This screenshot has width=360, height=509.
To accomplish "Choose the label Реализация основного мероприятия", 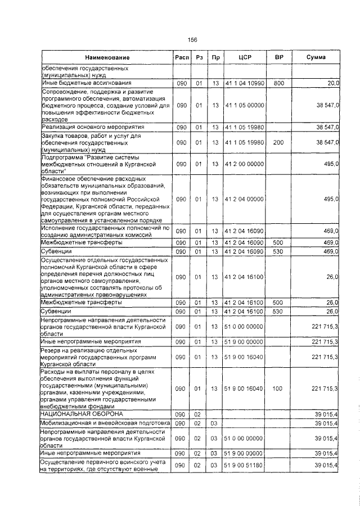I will coord(85,128).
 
